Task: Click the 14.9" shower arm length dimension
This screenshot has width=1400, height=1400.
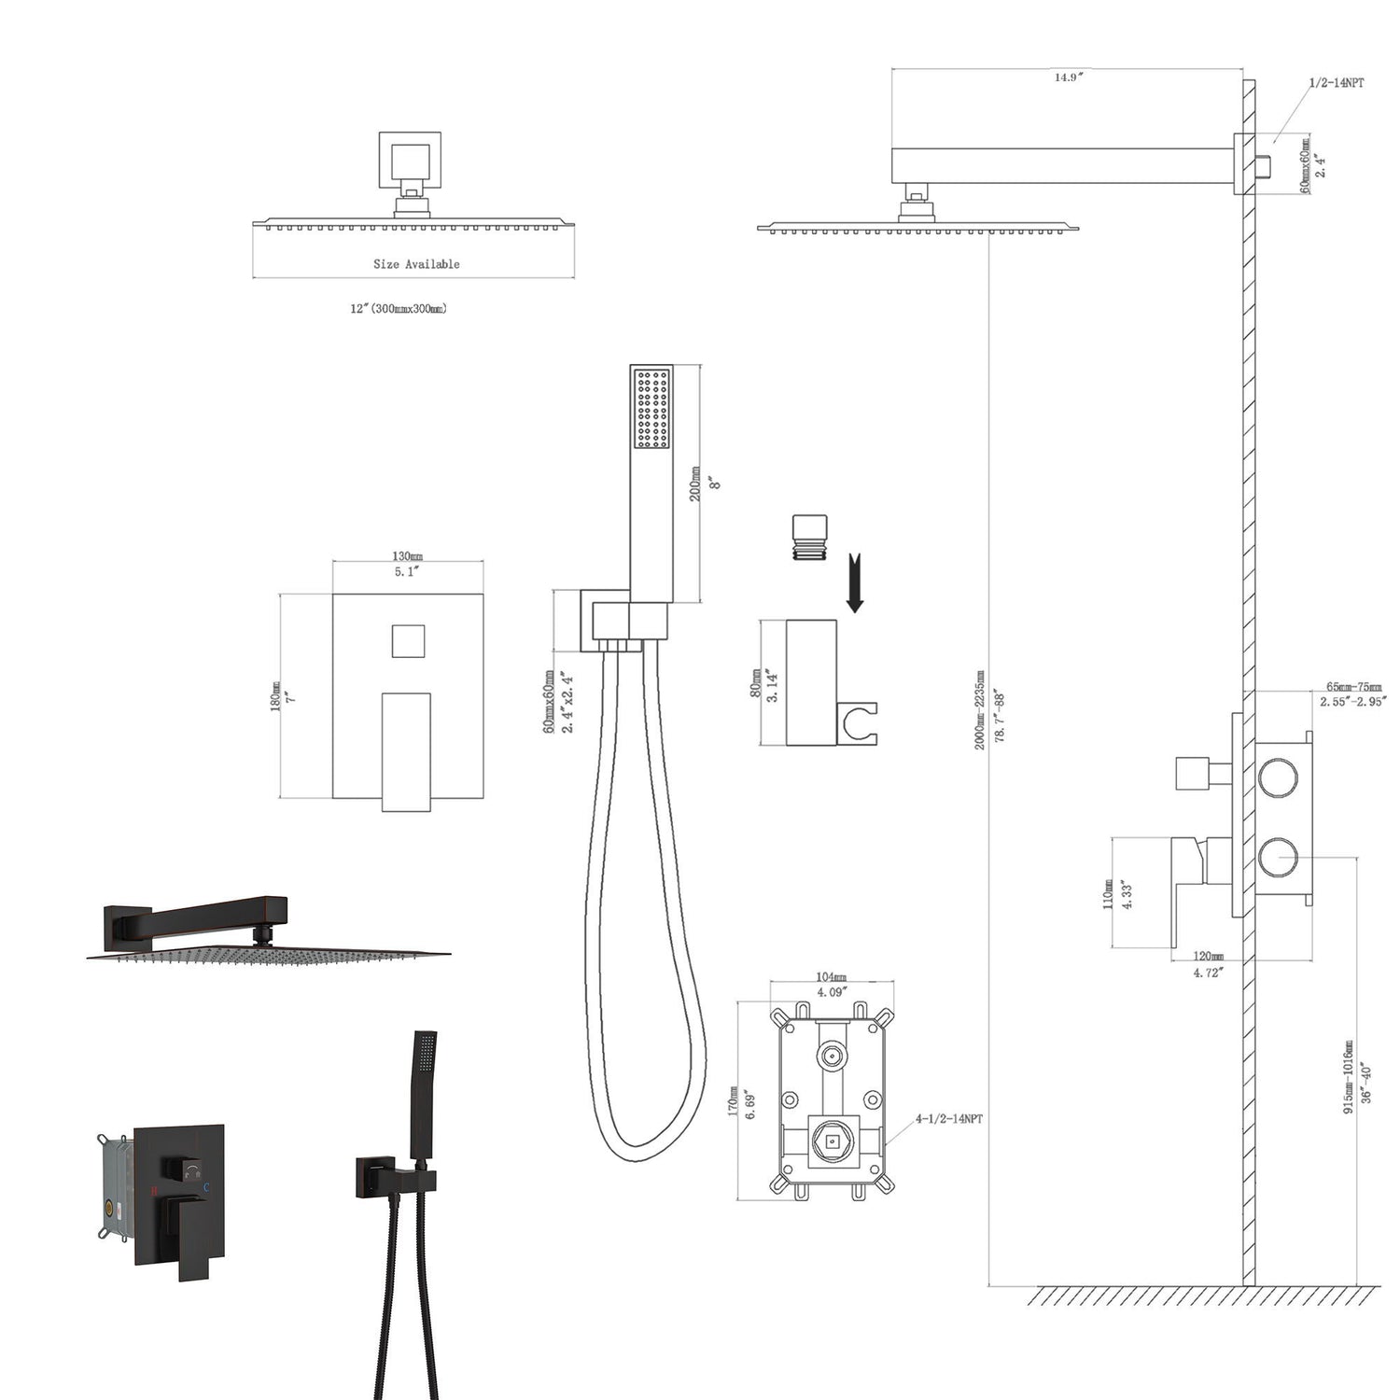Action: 1066,77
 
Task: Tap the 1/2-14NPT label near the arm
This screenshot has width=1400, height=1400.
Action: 1336,83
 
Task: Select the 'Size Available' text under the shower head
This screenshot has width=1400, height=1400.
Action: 416,264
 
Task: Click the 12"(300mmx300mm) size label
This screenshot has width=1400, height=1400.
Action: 399,309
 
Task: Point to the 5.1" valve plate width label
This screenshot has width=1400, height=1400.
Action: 407,572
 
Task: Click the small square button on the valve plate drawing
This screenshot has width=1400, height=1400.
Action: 407,641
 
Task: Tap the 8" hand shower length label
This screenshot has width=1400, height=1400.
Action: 716,483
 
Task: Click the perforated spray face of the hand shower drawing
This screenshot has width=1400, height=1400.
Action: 651,409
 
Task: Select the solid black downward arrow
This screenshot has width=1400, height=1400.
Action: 854,585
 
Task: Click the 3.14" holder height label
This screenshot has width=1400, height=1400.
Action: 772,684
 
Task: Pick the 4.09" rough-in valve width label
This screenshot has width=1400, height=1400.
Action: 831,992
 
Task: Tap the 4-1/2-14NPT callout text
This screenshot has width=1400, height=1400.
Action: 948,1118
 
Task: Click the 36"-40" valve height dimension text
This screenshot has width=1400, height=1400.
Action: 1365,1083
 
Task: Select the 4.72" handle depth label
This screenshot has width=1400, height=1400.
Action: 1209,973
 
